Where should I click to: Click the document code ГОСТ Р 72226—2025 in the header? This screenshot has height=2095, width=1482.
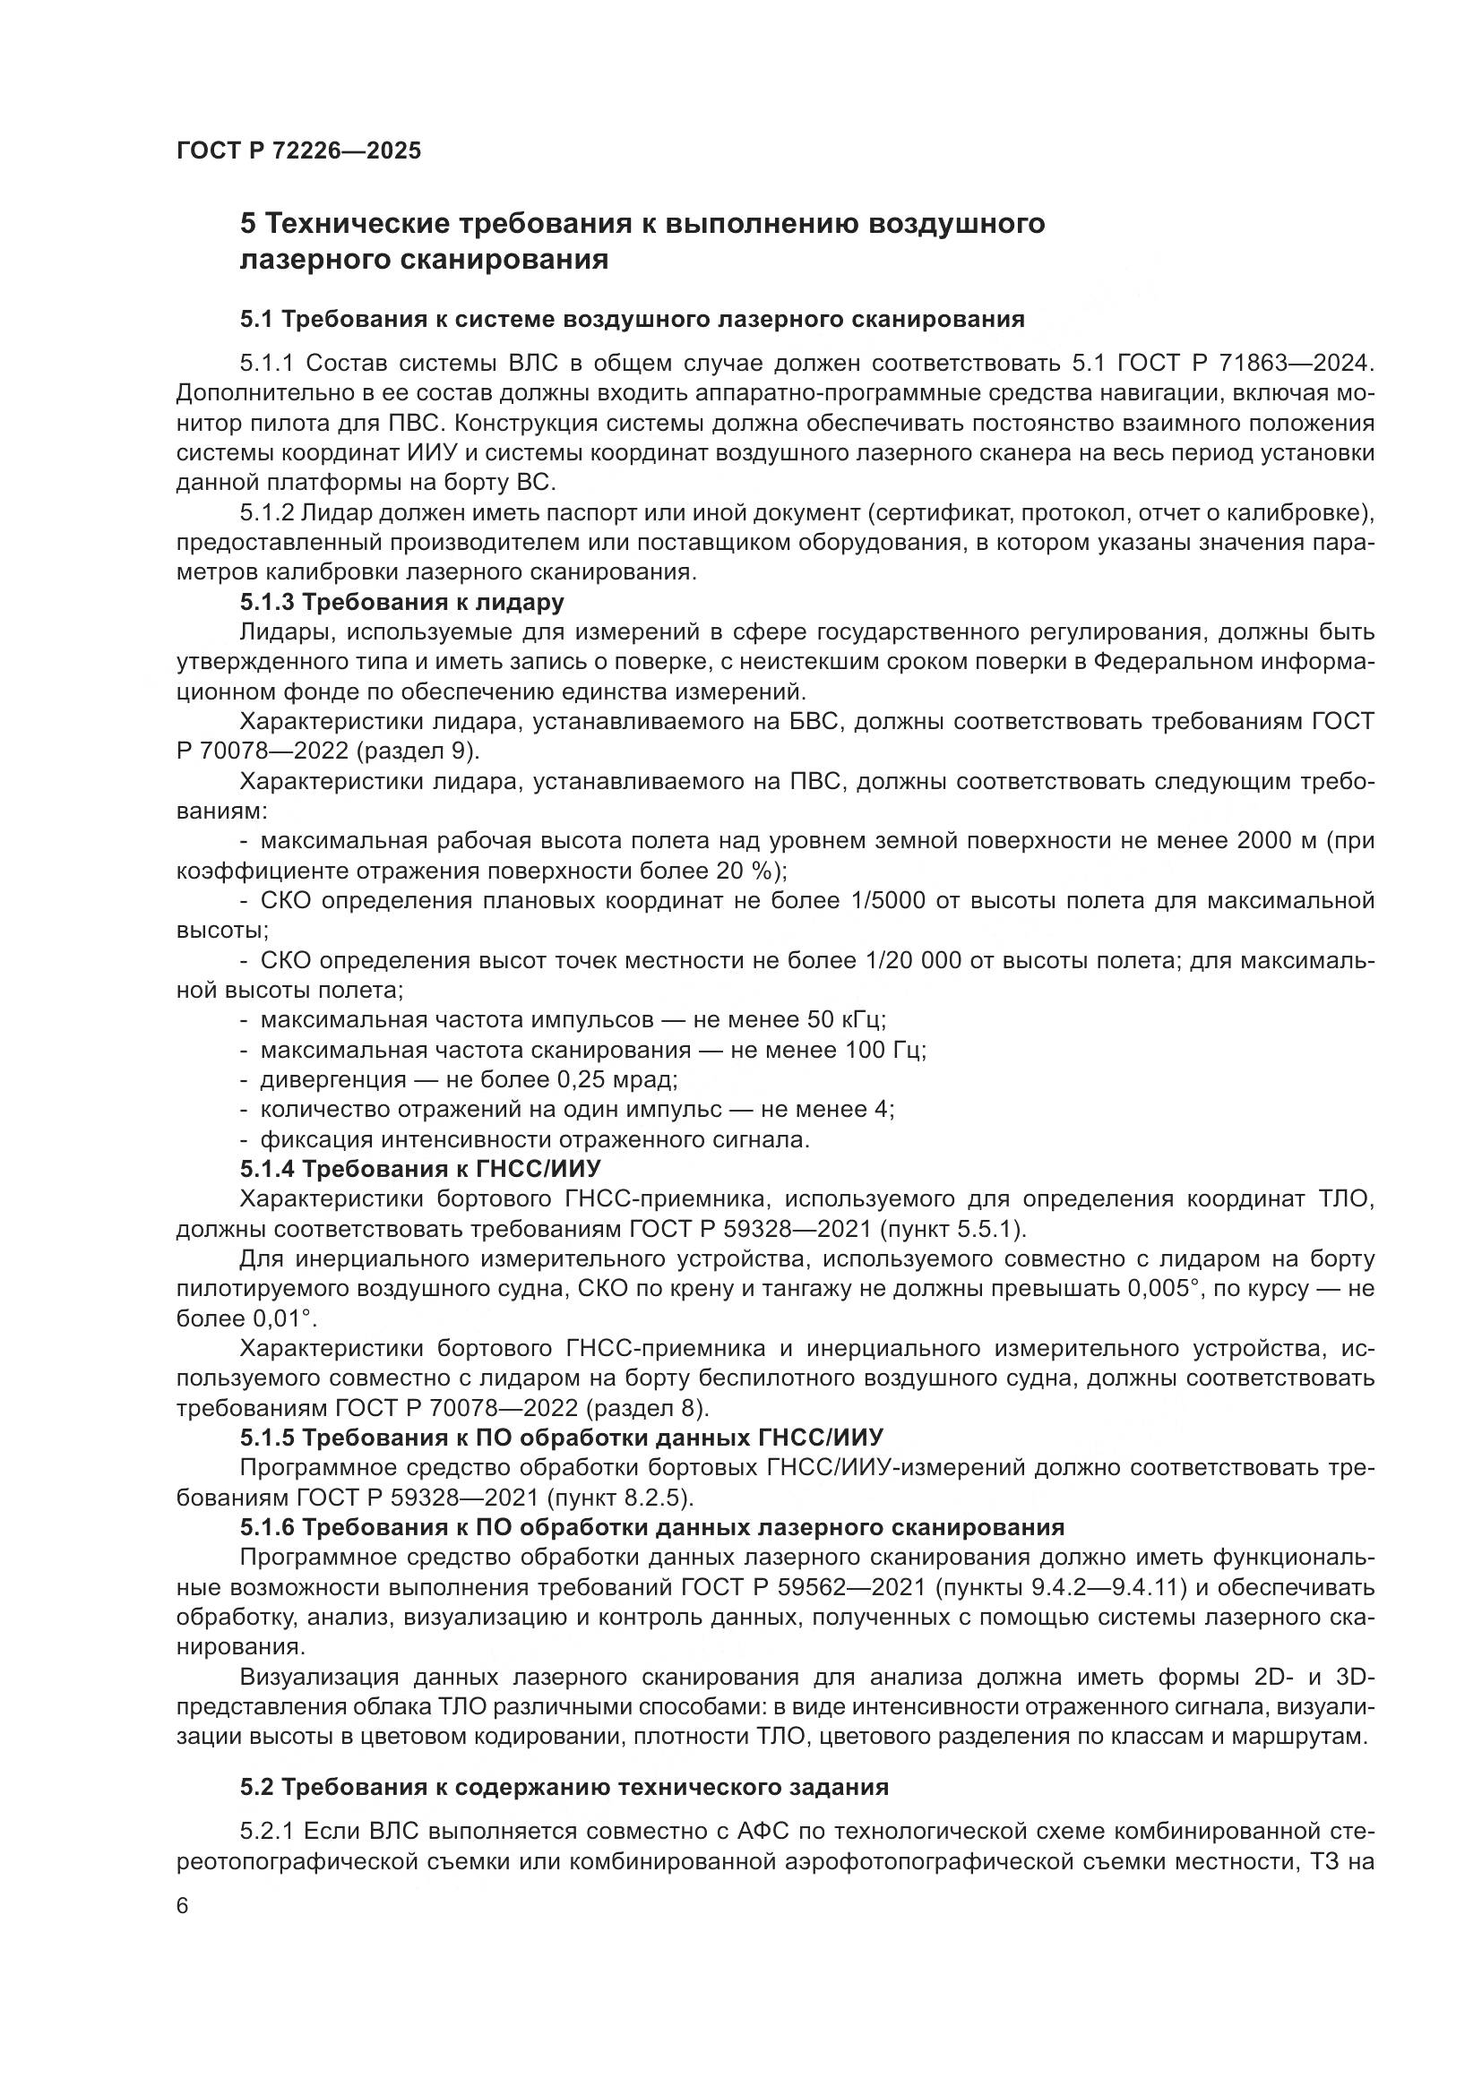click(298, 150)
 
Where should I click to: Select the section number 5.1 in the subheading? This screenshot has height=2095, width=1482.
click(259, 320)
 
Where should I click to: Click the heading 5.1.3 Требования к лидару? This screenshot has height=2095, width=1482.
click(401, 602)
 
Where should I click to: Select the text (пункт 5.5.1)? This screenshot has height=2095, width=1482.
click(952, 1229)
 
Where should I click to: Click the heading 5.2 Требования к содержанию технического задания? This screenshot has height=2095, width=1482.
click(564, 1787)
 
